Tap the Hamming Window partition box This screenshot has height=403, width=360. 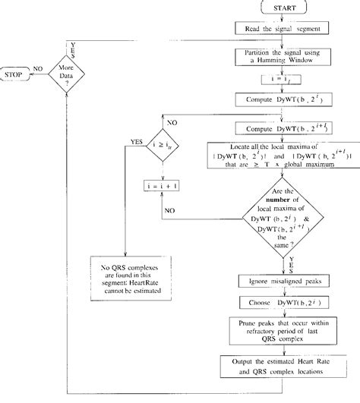pyautogui.click(x=282, y=55)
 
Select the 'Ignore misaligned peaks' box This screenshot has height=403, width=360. pyautogui.click(x=282, y=280)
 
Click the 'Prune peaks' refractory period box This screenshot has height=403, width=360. pyautogui.click(x=282, y=331)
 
